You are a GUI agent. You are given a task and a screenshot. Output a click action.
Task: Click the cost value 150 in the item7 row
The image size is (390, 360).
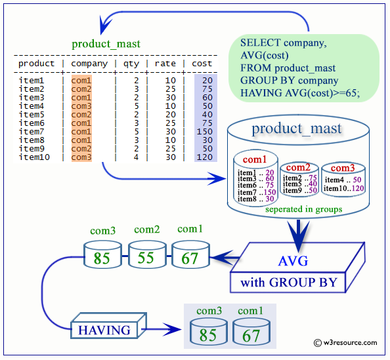(x=204, y=131)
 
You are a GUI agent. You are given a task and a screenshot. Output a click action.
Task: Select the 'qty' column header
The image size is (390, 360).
(x=131, y=64)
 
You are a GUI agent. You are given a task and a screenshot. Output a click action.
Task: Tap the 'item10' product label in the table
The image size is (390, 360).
(x=34, y=157)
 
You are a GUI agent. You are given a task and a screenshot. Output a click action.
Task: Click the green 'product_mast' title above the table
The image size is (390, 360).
(x=106, y=44)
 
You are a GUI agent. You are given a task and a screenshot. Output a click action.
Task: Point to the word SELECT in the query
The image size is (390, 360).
(x=260, y=43)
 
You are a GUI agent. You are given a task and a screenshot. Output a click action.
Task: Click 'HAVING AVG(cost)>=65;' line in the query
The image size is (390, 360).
(x=300, y=93)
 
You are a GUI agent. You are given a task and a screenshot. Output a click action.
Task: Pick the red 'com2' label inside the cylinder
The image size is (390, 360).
(x=298, y=167)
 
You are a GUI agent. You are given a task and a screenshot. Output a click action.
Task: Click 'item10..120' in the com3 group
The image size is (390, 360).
(x=343, y=188)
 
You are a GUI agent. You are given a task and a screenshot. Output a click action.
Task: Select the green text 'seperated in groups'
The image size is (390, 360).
(x=304, y=209)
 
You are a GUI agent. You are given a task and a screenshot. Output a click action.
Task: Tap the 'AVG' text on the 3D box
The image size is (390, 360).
(x=293, y=261)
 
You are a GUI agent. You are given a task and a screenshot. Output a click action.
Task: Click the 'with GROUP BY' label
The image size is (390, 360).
(x=288, y=283)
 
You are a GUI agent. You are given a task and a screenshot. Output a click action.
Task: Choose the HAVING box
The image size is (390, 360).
(x=108, y=326)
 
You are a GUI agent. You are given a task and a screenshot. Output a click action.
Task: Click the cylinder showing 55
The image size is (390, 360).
(x=147, y=254)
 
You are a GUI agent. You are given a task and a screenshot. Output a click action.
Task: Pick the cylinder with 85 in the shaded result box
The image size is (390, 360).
(x=208, y=332)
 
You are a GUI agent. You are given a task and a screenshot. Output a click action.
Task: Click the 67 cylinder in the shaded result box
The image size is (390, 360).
(x=251, y=332)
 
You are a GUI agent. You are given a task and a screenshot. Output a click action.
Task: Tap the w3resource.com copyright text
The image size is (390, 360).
(x=345, y=343)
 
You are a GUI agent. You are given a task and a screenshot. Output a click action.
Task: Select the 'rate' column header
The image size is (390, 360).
(x=165, y=64)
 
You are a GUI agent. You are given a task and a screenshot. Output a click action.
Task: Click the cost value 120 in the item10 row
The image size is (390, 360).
(x=204, y=157)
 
